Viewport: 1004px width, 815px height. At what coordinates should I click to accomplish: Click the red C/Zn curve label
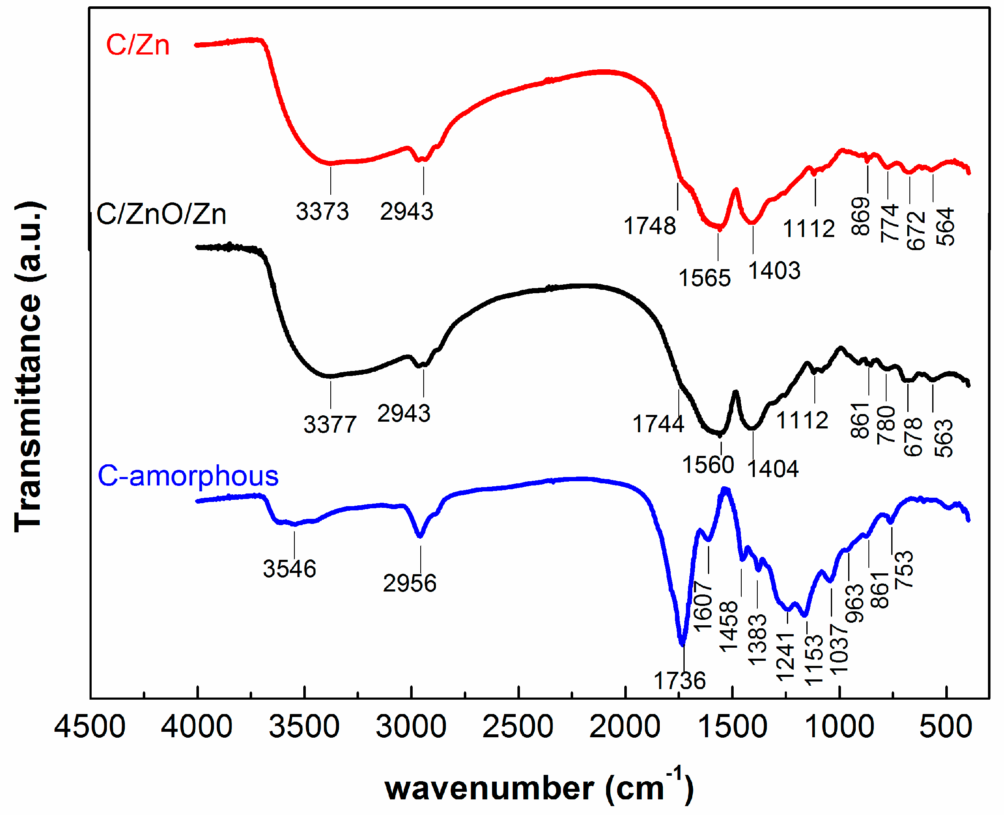pyautogui.click(x=138, y=46)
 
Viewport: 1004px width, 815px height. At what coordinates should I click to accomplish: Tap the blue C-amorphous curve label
pyautogui.click(x=188, y=476)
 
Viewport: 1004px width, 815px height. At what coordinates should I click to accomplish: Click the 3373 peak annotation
pyautogui.click(x=322, y=211)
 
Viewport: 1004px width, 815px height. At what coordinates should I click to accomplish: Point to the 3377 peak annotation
pyautogui.click(x=329, y=425)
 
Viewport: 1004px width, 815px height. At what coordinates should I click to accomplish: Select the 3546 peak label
pyautogui.click(x=289, y=569)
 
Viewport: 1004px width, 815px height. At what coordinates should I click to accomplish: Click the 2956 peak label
pyautogui.click(x=409, y=583)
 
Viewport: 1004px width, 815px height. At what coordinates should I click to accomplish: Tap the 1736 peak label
pyautogui.click(x=679, y=681)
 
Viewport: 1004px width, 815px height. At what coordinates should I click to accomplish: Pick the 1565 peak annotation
pyautogui.click(x=704, y=278)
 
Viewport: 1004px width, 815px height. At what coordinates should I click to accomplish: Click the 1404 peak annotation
pyautogui.click(x=773, y=469)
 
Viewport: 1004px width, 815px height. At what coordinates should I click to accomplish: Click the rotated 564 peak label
pyautogui.click(x=945, y=227)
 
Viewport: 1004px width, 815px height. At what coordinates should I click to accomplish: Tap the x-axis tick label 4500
pyautogui.click(x=90, y=727)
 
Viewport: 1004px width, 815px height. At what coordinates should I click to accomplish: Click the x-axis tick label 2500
pyautogui.click(x=518, y=727)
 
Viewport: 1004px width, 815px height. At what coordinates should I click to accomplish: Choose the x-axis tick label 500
pyautogui.click(x=945, y=727)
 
